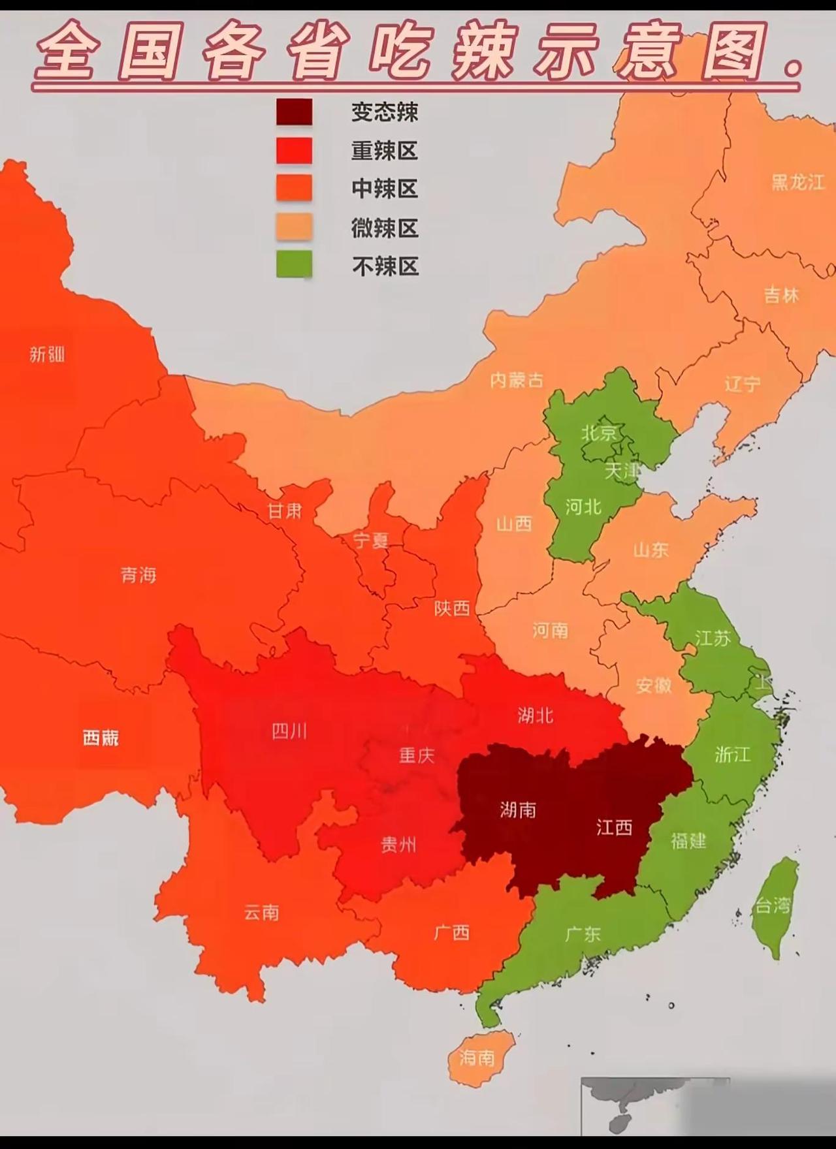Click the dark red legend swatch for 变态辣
pos(294,112)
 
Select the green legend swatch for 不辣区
pos(294,265)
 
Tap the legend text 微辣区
pos(384,228)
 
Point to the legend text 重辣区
pos(384,151)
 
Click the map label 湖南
pos(518,810)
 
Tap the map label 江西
pos(614,828)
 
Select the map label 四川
pos(289,731)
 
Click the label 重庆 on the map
pos(417,755)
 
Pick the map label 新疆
pos(47,354)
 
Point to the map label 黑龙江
pos(798,182)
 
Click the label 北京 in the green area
pos(599,433)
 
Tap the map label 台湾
pos(773,905)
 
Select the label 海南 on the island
pos(477,1058)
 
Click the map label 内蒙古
pos(517,380)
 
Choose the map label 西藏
pos(101,738)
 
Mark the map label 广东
pos(583,934)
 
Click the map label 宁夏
pos(370,541)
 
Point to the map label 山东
pos(651,550)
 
